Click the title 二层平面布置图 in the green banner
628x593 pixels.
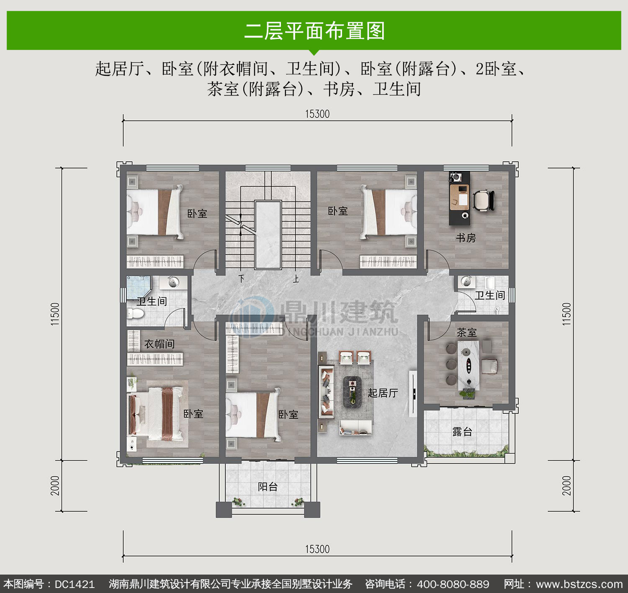314,31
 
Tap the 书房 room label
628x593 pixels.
466,238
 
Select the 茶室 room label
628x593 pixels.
466,333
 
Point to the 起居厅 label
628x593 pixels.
383,393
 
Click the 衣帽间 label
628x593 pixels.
160,344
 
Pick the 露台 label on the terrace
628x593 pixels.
462,432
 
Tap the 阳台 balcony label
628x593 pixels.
268,487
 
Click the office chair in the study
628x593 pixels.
484,200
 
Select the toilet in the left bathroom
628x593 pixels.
136,314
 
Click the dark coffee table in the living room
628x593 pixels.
352,392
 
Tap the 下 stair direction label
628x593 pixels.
242,278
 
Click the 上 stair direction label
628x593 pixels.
296,279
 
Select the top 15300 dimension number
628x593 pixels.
317,114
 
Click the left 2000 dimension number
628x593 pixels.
55,485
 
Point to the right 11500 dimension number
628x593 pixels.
566,314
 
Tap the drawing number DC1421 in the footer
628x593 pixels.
75,584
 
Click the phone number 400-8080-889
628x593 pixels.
453,584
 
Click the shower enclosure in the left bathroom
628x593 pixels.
139,288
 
